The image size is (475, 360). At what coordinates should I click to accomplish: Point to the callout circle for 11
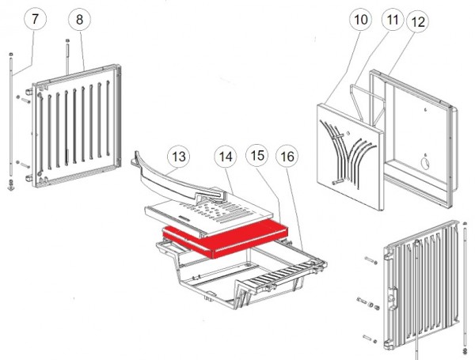click(390, 21)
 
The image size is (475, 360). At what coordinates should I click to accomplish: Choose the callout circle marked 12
click(420, 23)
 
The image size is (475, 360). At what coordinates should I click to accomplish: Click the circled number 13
click(179, 157)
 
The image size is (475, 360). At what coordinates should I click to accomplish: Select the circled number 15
click(258, 157)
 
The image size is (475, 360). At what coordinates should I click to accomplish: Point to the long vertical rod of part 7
click(11, 119)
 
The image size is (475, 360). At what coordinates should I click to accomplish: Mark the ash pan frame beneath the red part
click(237, 277)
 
